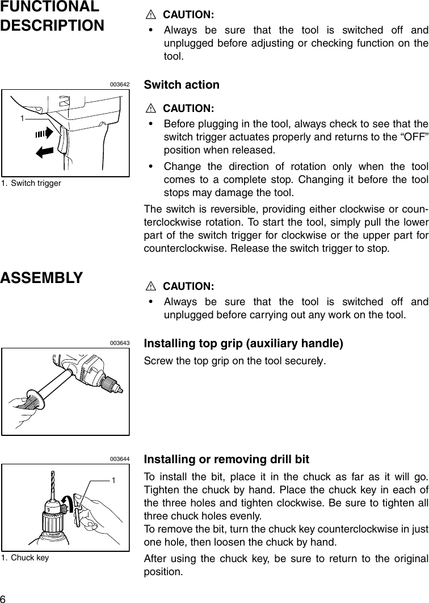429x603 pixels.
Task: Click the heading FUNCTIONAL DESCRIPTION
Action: pos(52,16)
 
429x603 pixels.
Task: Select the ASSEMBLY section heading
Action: pos(41,278)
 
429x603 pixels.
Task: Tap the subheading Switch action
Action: pos(182,85)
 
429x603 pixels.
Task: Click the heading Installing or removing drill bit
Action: pos(227,459)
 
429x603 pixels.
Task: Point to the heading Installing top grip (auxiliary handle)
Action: pos(244,344)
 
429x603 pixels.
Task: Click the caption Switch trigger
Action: pos(36,183)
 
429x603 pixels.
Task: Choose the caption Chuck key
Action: pos(30,558)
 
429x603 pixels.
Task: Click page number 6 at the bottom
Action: pos(3,597)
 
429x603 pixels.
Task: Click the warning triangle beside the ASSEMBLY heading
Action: pos(150,285)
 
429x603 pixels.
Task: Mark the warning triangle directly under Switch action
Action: pos(150,108)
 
